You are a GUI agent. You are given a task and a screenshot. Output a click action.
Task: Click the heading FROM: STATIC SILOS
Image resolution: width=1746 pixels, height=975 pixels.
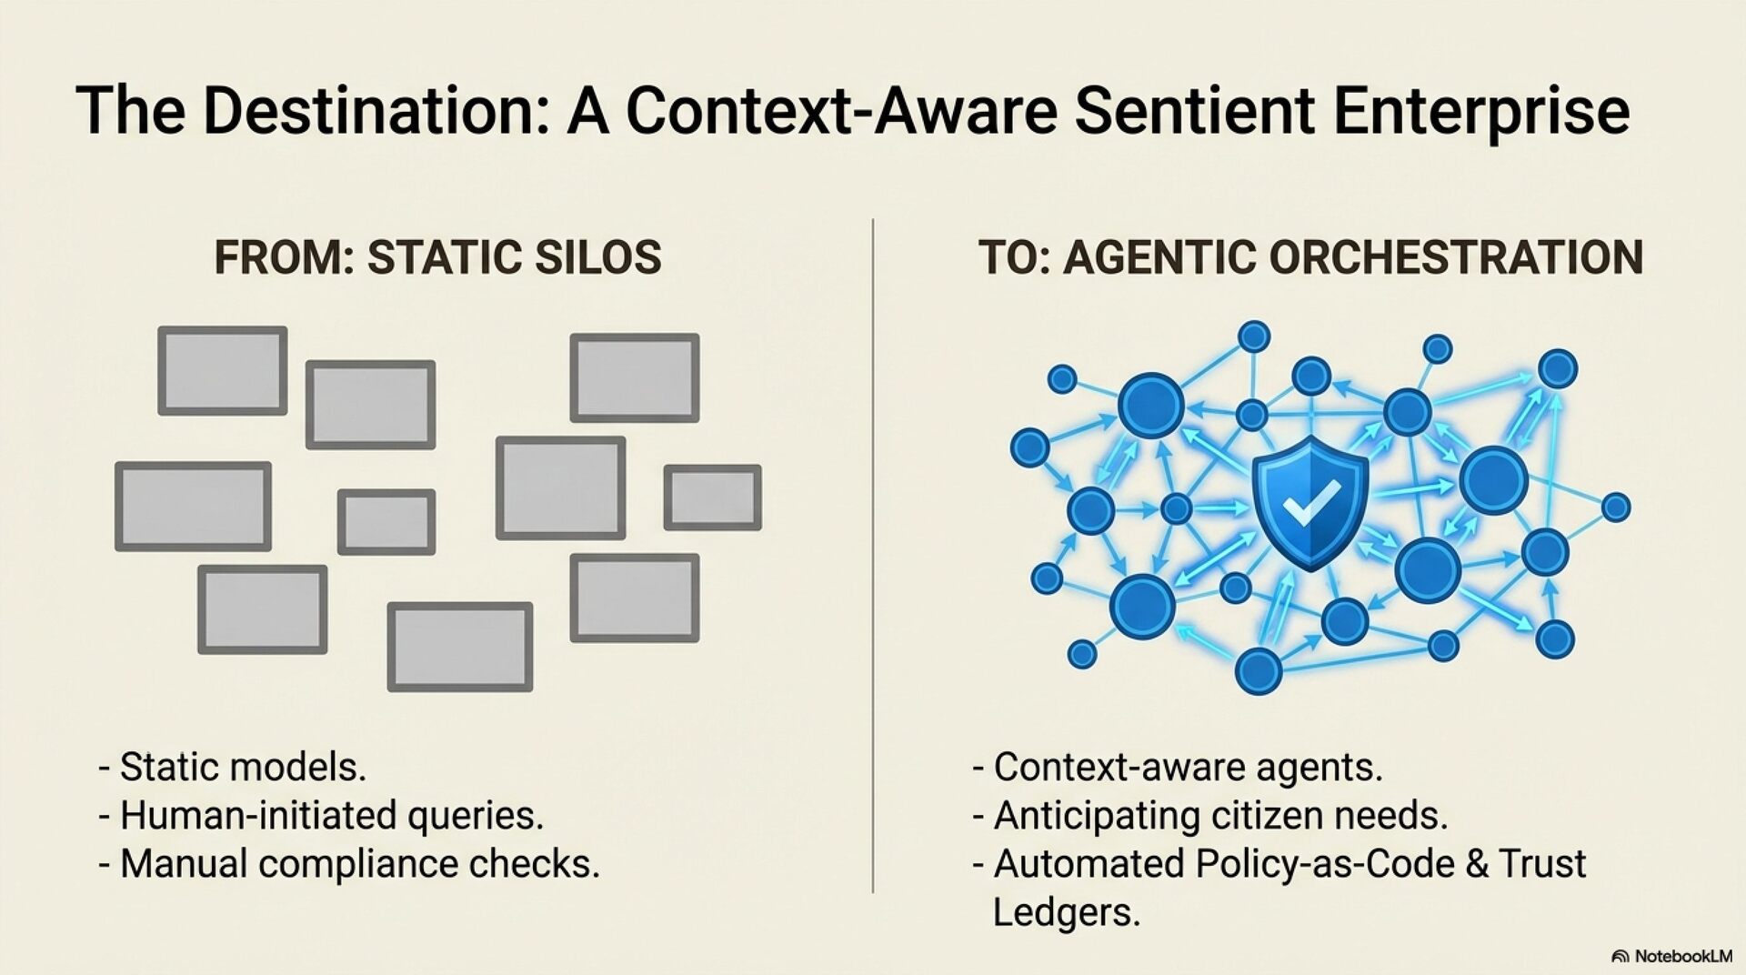point(437,257)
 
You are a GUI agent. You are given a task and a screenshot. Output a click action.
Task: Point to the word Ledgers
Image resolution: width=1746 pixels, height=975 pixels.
point(1066,912)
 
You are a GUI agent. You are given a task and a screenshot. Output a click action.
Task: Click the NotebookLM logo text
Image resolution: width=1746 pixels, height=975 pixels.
point(1682,956)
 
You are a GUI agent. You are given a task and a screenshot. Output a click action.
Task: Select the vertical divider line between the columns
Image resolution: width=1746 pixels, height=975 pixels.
point(873,555)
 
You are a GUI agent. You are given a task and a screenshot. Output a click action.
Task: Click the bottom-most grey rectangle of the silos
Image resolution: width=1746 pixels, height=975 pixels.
point(460,647)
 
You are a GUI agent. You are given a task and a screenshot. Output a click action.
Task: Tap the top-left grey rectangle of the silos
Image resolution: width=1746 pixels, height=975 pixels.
point(223,371)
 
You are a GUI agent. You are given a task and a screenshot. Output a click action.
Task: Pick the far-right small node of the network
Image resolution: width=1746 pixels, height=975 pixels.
point(1616,507)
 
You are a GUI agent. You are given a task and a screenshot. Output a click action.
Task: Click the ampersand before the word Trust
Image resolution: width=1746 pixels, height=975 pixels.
point(1478,864)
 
